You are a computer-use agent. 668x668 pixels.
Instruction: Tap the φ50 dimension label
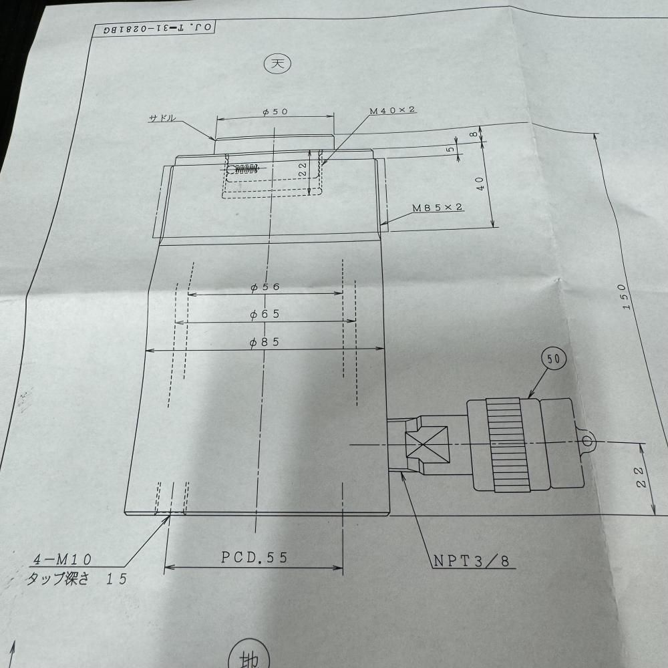click(x=275, y=112)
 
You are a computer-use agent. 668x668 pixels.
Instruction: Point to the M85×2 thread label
click(x=438, y=208)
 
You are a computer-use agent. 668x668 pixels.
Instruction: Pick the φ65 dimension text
click(x=265, y=314)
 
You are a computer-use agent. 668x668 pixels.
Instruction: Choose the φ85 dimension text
click(x=265, y=342)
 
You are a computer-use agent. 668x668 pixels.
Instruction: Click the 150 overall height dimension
click(x=625, y=295)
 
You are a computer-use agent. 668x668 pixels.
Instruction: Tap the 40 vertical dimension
click(x=480, y=180)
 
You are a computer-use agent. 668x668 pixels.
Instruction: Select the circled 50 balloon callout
click(x=554, y=359)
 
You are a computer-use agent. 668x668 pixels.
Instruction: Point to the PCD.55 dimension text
click(x=255, y=558)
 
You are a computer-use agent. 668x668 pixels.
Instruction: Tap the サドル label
click(x=162, y=118)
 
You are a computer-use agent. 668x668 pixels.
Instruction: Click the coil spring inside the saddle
click(x=244, y=168)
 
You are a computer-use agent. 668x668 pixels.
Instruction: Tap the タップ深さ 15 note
click(x=75, y=579)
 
